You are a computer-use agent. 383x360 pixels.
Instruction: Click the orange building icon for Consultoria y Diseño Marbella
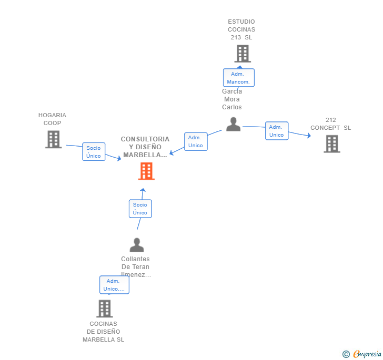coord(146,171)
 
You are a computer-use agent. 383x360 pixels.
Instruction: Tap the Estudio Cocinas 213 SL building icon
coord(242,54)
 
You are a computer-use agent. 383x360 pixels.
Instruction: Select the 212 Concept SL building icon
coord(331,143)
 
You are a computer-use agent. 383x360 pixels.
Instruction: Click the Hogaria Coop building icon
coord(53,139)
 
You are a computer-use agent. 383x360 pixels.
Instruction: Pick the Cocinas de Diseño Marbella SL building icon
coord(104,308)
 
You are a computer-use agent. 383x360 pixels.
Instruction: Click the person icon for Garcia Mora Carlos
coord(233,125)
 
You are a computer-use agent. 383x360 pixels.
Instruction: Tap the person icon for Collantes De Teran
coord(137,245)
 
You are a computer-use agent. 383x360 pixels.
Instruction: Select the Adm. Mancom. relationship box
coord(238,78)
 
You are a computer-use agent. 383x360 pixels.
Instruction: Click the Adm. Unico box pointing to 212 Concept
coord(277,131)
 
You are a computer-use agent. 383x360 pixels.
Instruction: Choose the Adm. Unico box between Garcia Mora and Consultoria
coord(196,141)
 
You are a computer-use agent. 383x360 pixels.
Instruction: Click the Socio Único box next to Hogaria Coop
coord(94,152)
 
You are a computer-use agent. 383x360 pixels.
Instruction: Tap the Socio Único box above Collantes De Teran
coord(140,209)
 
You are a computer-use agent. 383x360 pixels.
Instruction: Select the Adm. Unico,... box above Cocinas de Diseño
coord(114,285)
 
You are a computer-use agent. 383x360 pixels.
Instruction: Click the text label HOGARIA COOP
coord(52,119)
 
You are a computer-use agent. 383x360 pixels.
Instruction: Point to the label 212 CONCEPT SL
coord(330,124)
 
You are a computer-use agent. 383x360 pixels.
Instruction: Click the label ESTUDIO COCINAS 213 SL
coord(241,29)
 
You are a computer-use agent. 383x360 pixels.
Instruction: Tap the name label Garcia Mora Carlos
coord(231,99)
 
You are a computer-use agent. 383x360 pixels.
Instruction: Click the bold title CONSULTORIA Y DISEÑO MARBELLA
coord(145,147)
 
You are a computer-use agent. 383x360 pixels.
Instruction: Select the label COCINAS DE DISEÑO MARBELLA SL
coord(103,332)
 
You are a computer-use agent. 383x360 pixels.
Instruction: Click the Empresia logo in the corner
coord(362,354)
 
